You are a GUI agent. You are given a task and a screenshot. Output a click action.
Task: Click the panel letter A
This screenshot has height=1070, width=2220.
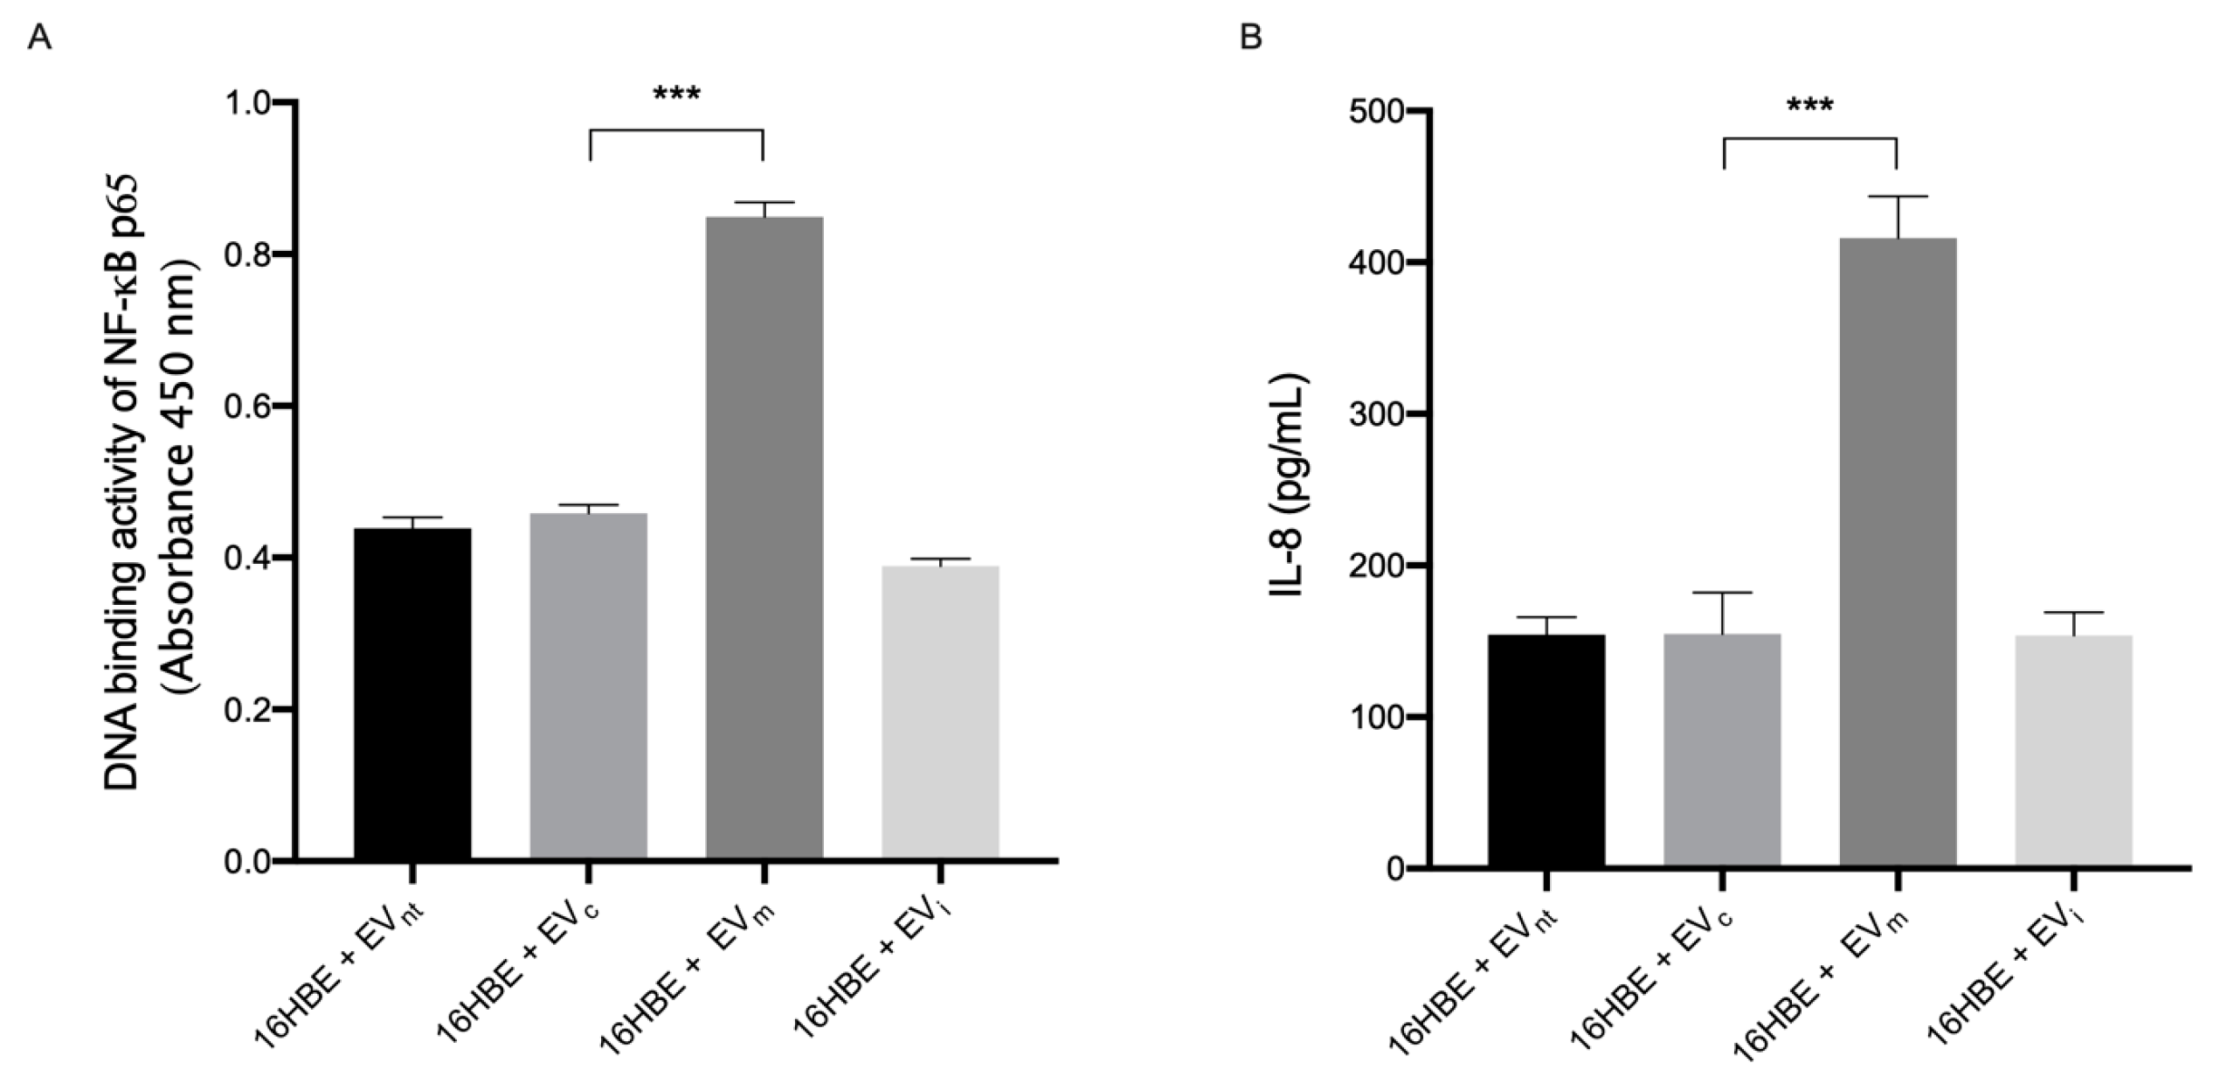[40, 38]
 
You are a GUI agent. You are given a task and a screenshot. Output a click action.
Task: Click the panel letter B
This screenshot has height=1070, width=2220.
[1251, 38]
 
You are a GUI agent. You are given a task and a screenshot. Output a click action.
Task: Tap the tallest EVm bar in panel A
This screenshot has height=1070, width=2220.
[764, 537]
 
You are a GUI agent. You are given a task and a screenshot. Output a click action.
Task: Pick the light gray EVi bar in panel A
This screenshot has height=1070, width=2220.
[940, 712]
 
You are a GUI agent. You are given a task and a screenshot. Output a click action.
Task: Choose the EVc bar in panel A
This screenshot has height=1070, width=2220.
[588, 685]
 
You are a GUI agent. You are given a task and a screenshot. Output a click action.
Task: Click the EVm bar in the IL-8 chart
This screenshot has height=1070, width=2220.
[1898, 565]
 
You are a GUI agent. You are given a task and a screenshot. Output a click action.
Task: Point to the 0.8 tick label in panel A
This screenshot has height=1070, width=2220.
[249, 254]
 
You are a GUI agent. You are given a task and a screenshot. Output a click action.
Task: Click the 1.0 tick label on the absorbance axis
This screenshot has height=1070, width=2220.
[249, 103]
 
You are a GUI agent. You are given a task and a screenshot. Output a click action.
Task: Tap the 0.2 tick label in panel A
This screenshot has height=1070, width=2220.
[249, 709]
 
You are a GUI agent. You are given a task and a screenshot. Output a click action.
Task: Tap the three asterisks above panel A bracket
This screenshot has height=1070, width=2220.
[677, 94]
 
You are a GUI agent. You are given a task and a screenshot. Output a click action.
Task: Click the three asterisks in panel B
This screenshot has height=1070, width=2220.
[1810, 107]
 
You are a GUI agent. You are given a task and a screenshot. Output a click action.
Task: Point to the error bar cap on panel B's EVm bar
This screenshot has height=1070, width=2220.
[1898, 197]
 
